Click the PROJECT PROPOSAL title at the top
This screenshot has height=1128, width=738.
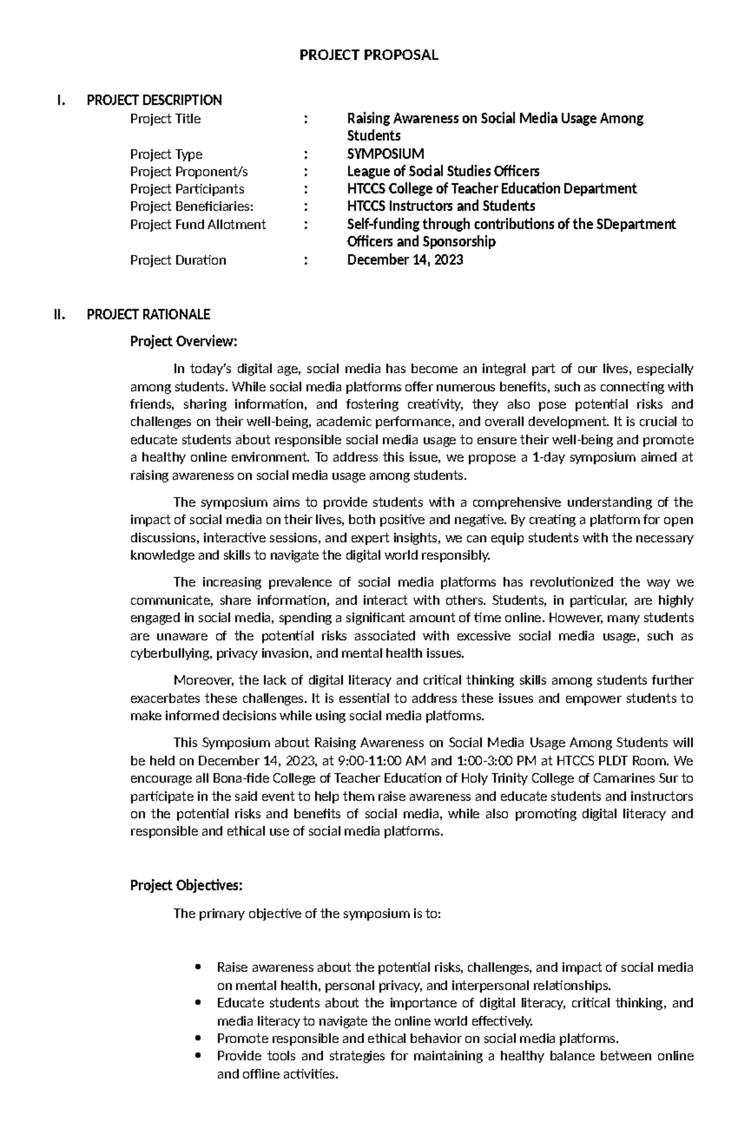[x=368, y=55]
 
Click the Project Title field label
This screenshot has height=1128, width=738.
[x=165, y=119]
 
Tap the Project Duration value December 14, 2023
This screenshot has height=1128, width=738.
[x=405, y=260]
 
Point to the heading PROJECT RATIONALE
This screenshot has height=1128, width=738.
[x=148, y=315]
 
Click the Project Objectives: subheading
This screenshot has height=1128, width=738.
[x=186, y=885]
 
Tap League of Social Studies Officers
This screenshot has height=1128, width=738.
[x=443, y=171]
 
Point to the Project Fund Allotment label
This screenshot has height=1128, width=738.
[x=197, y=225]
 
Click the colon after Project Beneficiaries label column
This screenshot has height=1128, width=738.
[x=306, y=207]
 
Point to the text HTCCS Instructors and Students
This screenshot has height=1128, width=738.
[x=441, y=207]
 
